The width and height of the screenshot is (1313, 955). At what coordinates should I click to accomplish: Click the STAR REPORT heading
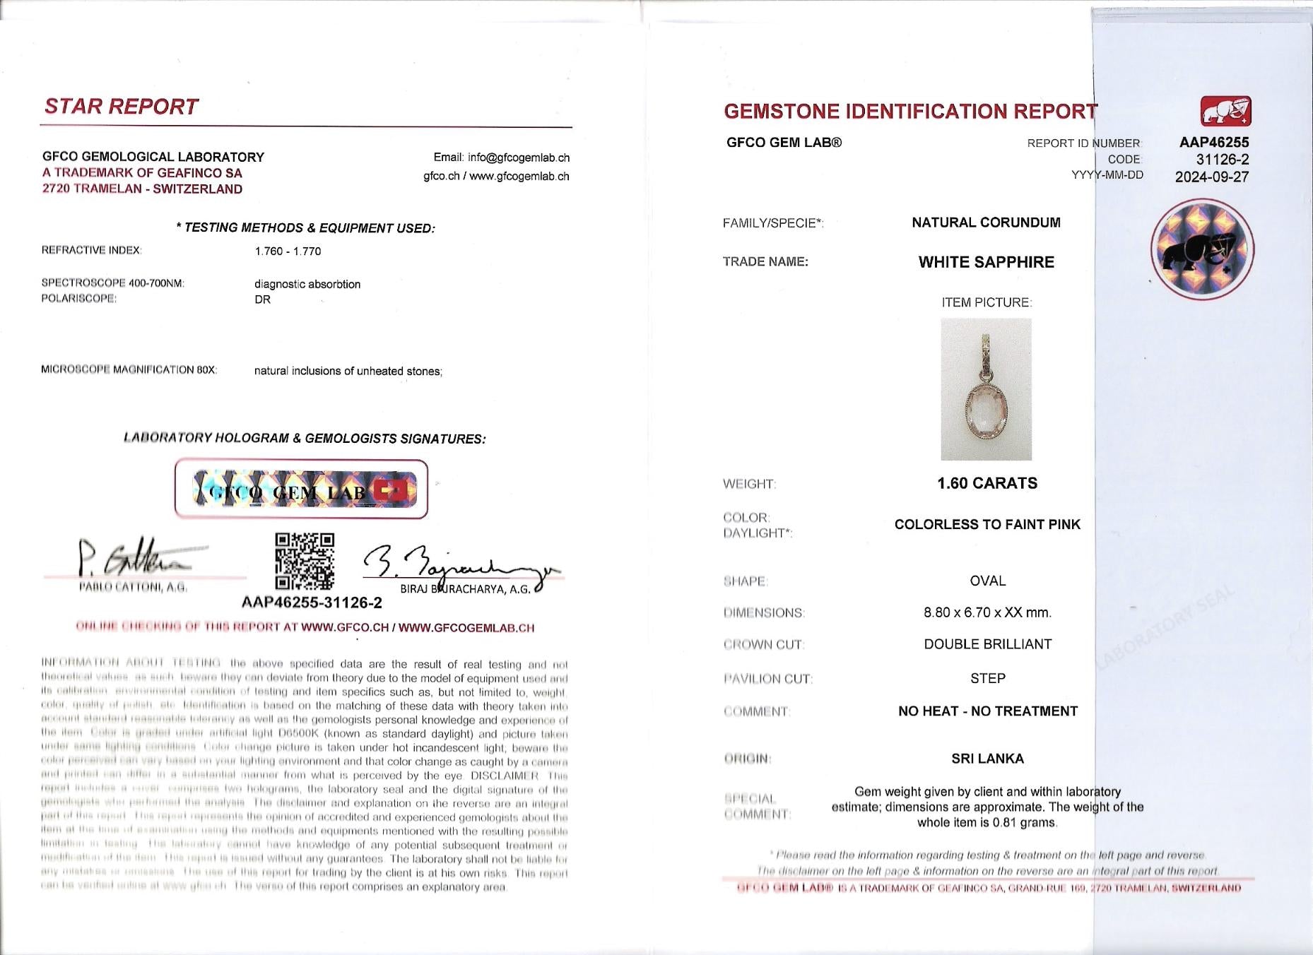(x=121, y=107)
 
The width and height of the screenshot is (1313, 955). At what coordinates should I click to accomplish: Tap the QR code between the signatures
(x=304, y=561)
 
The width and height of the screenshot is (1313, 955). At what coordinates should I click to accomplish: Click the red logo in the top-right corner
(x=1225, y=111)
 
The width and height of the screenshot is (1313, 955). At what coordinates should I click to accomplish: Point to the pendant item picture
(x=986, y=389)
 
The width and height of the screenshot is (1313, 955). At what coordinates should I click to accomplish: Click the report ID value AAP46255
(x=1213, y=142)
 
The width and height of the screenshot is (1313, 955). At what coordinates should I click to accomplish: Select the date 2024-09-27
(x=1211, y=177)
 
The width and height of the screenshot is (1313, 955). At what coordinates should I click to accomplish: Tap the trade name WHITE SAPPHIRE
(x=986, y=262)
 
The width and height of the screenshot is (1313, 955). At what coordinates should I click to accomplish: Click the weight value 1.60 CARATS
(x=987, y=483)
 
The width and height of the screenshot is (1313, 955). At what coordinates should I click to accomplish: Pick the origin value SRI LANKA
(x=987, y=759)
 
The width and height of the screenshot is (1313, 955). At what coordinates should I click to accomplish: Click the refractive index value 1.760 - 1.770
(x=288, y=251)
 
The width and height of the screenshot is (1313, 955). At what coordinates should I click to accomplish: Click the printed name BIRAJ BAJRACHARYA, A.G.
(x=464, y=589)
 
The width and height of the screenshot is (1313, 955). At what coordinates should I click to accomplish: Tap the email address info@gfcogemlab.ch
(x=501, y=158)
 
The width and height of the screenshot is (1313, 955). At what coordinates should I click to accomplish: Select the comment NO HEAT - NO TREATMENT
(x=987, y=711)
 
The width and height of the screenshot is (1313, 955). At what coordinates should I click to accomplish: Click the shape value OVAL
(x=987, y=581)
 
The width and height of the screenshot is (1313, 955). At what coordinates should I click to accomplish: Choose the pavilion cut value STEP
(x=987, y=678)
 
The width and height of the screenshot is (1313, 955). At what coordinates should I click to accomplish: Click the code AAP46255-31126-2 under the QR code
(x=312, y=603)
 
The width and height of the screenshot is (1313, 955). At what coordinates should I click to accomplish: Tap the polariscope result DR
(x=262, y=299)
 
